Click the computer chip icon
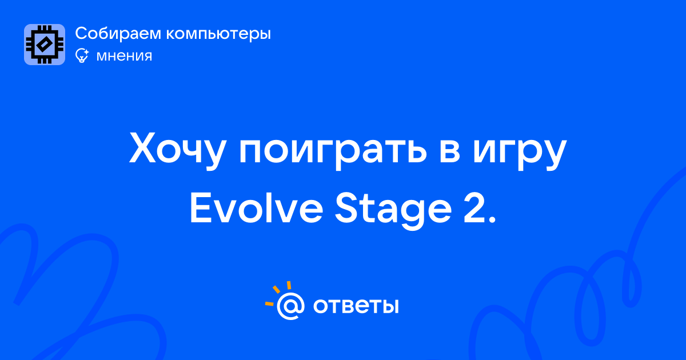(x=45, y=45)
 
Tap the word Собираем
(x=118, y=33)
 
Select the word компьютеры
(x=218, y=34)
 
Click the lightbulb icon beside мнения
(x=82, y=55)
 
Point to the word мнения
(x=124, y=56)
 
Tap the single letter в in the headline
(x=449, y=151)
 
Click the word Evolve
(x=257, y=209)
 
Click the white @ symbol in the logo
(x=290, y=306)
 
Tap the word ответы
(x=356, y=306)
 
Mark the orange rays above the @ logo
(x=278, y=293)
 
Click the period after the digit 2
(x=492, y=221)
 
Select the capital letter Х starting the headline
(x=142, y=148)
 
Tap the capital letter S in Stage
(x=346, y=209)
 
